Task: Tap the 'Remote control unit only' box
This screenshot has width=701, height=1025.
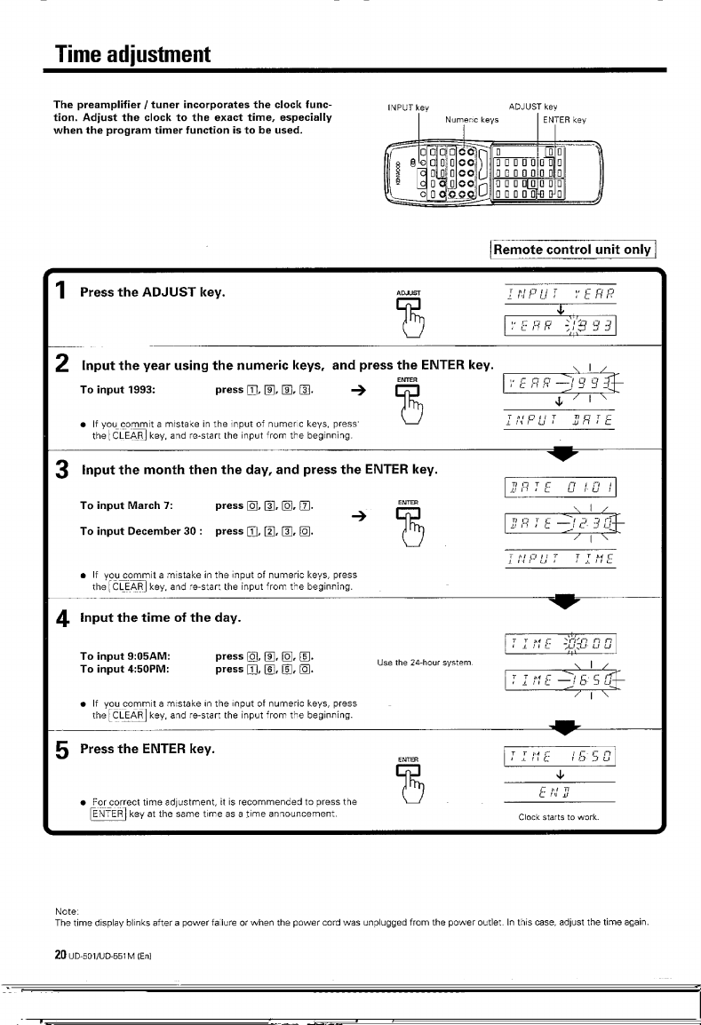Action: click(574, 250)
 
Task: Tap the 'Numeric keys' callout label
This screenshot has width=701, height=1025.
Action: click(473, 119)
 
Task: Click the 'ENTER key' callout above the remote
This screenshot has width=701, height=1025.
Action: click(565, 119)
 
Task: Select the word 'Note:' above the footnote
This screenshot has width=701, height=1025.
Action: click(67, 910)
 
